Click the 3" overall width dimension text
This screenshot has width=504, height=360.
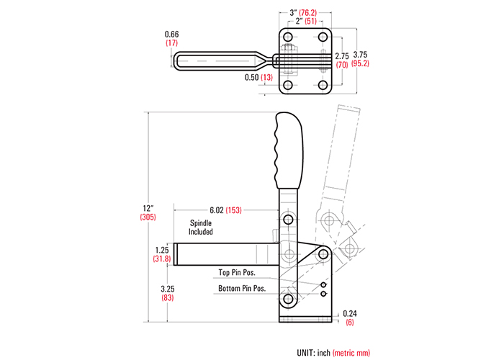tap(293, 13)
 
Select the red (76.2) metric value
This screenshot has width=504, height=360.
tap(308, 13)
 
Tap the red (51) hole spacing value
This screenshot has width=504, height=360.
tap(311, 21)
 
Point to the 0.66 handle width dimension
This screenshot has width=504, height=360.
tap(171, 34)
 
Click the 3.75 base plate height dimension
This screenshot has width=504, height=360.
tap(360, 55)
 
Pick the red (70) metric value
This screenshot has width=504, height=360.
tap(342, 65)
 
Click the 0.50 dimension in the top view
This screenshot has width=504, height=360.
tap(252, 77)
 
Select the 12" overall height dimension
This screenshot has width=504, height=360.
tap(148, 208)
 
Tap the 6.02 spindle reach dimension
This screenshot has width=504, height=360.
tap(217, 210)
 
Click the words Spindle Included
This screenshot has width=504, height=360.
tap(201, 228)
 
